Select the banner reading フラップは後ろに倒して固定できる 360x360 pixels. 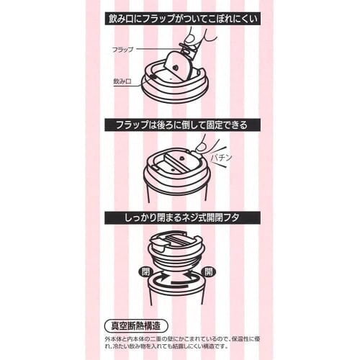pos(180,125)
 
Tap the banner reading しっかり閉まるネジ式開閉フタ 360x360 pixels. pos(180,217)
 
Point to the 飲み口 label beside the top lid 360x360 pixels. pos(122,83)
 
